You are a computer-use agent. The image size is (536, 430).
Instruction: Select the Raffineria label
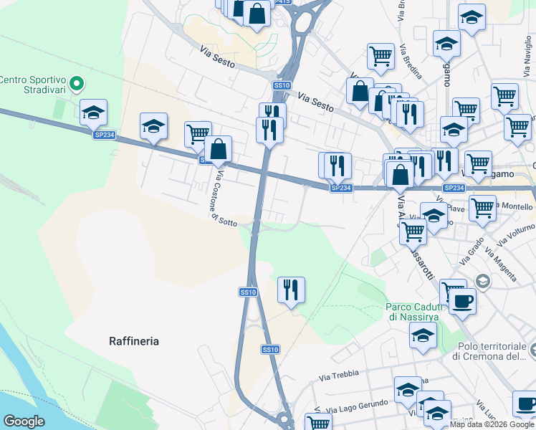click(134, 341)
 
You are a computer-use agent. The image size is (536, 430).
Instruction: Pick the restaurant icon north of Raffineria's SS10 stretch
click(291, 290)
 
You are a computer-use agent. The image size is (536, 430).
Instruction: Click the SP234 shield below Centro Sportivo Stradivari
click(104, 134)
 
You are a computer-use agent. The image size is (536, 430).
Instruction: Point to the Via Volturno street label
click(514, 236)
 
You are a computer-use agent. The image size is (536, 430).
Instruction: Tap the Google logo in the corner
click(24, 421)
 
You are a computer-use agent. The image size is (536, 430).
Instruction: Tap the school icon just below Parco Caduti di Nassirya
click(423, 335)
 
